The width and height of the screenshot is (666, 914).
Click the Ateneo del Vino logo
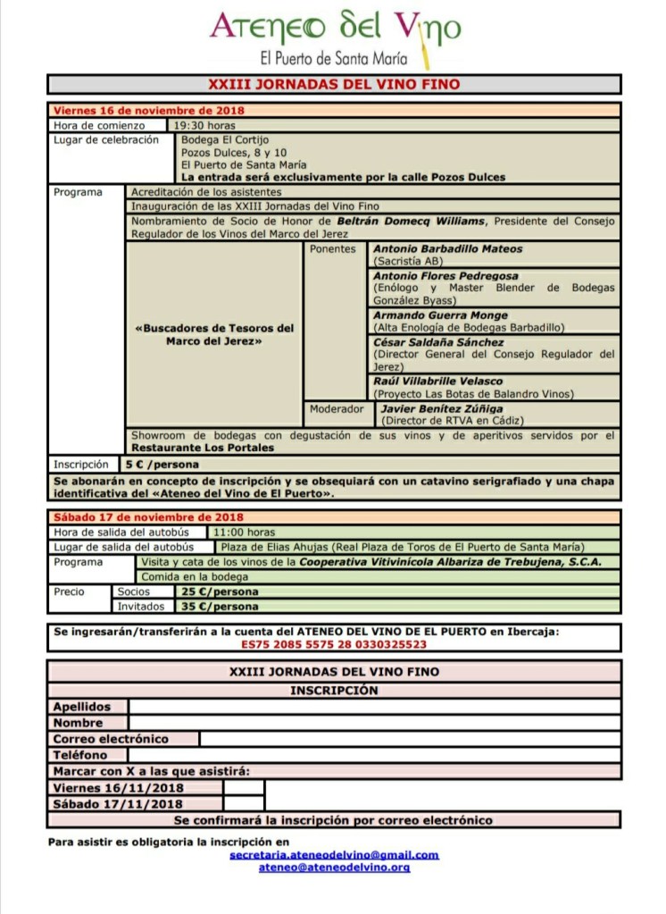335,37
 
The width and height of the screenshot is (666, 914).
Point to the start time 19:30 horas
204,125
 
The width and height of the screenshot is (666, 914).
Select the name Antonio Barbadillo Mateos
447,249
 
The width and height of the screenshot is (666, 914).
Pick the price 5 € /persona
162,465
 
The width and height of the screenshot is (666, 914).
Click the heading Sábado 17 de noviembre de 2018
148,517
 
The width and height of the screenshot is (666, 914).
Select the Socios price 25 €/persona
219,591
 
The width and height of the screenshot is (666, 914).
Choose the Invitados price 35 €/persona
219,607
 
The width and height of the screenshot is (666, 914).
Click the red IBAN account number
334,643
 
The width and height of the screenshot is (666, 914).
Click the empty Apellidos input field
374,707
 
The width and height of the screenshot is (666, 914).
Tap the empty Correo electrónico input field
409,739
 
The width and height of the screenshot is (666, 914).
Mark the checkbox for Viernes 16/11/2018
244,788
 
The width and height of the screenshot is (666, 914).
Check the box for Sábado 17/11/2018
244,803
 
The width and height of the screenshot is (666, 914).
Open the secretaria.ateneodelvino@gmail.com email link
334,855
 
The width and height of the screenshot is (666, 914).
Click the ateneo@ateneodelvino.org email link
334,867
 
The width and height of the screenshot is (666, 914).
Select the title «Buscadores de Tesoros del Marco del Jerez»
213,335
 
